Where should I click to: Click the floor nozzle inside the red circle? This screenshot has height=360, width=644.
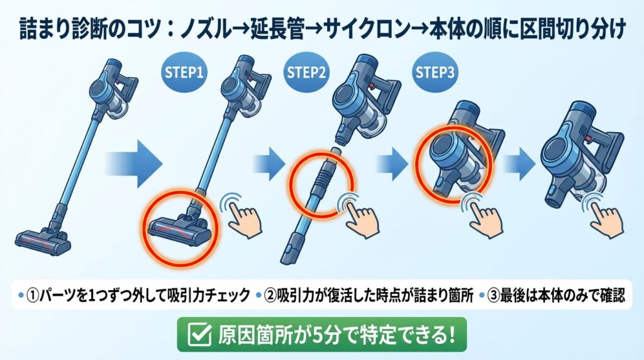tap(180, 225)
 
